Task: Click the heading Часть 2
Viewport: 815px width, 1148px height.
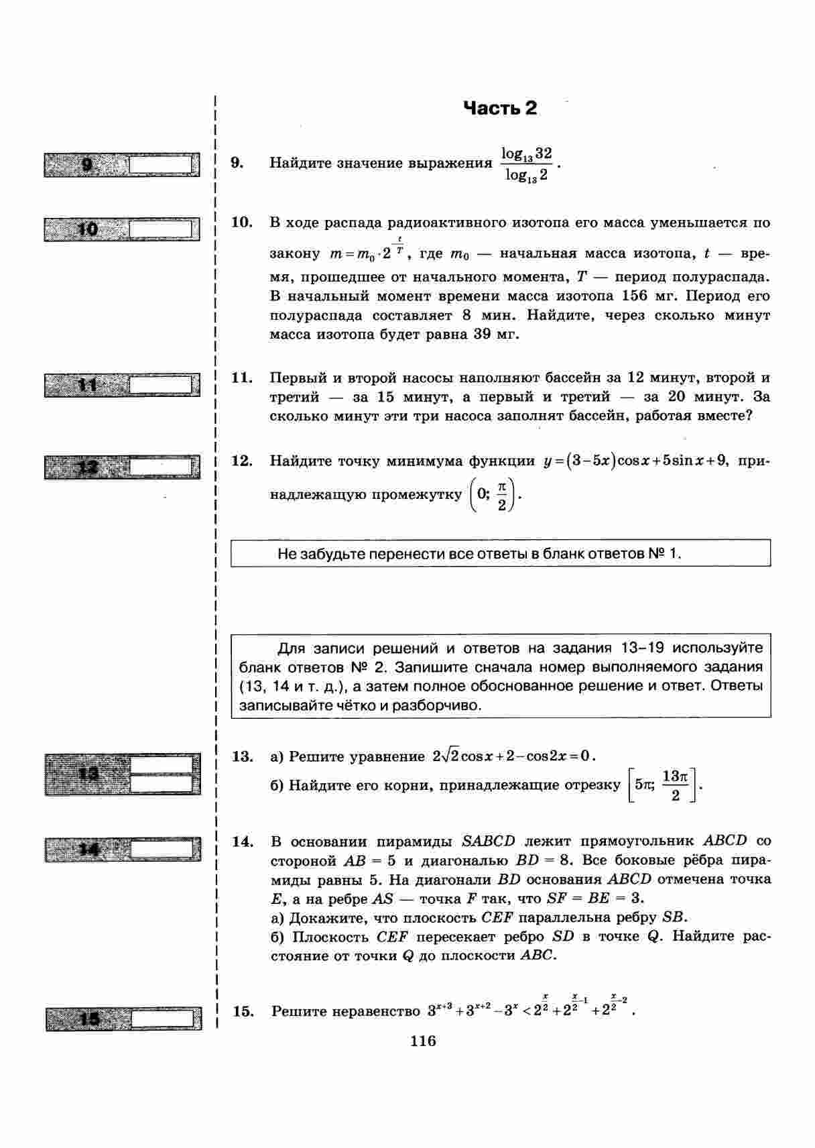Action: (x=500, y=108)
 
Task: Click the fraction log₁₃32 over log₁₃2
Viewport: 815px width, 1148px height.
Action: (x=527, y=164)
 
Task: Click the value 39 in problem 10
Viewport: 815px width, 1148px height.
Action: (x=482, y=334)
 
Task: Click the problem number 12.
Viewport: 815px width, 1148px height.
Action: (x=241, y=461)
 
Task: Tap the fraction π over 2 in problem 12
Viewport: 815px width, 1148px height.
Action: (x=501, y=495)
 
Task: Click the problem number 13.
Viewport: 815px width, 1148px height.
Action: (x=242, y=756)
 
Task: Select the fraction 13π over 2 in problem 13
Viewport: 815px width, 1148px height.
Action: (x=675, y=785)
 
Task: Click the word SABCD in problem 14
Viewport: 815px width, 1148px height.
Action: (x=489, y=841)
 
